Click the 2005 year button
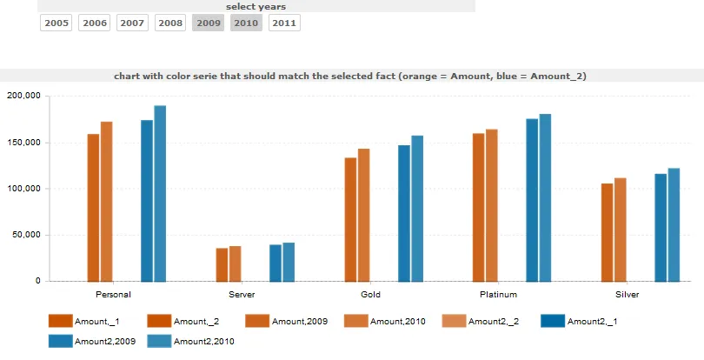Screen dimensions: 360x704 pos(56,23)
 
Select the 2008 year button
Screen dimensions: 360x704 pos(171,23)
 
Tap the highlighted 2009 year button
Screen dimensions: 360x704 pos(209,23)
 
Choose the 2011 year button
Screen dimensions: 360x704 pos(284,23)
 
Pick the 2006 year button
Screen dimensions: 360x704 pos(95,23)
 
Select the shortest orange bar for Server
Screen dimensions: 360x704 pos(222,264)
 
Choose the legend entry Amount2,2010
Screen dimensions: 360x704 pos(204,342)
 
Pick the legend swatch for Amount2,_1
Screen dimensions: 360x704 pos(552,322)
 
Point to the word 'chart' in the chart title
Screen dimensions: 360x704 pos(127,77)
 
